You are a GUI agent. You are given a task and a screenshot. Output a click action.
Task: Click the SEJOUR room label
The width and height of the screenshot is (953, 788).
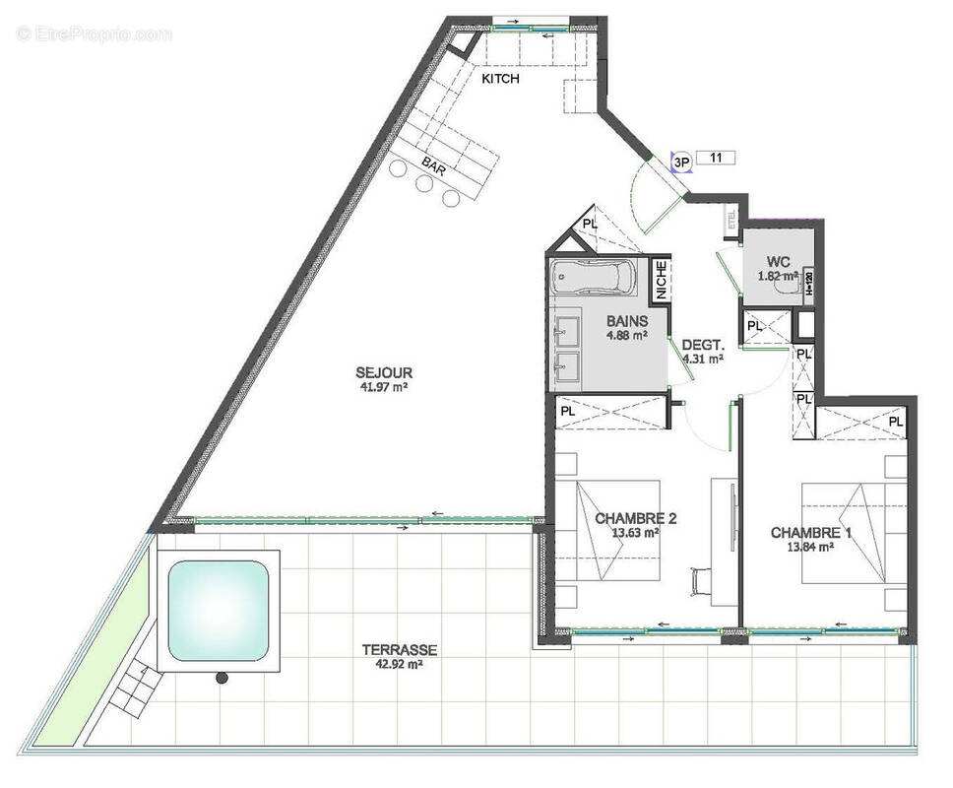click(x=384, y=372)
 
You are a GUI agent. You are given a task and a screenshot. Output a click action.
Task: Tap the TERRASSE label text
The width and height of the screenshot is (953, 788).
click(x=399, y=650)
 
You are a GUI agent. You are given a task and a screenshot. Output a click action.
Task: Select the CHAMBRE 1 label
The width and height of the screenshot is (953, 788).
click(x=811, y=533)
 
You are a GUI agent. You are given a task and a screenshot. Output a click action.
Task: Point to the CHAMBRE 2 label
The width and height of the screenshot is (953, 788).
click(x=635, y=518)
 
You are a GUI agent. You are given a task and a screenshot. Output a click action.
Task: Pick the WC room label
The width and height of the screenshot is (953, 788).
click(x=780, y=262)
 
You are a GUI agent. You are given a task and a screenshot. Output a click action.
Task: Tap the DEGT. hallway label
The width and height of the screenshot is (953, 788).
click(x=703, y=346)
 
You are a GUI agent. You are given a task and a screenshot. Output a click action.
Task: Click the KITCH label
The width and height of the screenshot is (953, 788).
click(x=500, y=79)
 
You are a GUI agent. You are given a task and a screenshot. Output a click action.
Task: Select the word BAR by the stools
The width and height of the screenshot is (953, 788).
click(x=433, y=165)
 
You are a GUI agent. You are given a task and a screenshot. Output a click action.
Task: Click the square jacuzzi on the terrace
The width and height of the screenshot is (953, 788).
click(x=218, y=611)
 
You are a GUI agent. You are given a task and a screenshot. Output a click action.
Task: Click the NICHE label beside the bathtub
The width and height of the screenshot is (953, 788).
click(x=661, y=279)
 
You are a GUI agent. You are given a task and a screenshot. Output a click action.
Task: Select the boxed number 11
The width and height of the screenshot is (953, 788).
click(x=716, y=157)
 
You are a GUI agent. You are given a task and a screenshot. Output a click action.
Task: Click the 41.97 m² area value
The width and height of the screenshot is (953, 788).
click(x=384, y=387)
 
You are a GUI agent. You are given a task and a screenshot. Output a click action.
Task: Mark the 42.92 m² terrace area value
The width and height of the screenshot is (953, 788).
click(x=399, y=665)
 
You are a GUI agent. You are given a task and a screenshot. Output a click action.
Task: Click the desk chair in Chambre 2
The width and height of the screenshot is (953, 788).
click(x=701, y=580)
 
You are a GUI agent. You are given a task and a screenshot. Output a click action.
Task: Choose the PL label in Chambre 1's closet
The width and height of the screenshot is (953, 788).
click(x=895, y=422)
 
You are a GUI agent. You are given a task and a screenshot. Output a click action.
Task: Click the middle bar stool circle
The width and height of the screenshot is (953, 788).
click(x=425, y=183)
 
